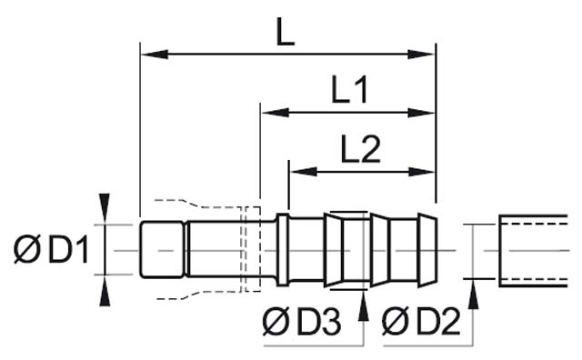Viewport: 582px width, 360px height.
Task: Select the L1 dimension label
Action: (x=349, y=91)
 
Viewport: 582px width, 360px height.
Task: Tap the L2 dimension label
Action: (x=361, y=149)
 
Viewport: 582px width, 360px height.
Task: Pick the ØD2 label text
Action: (x=420, y=321)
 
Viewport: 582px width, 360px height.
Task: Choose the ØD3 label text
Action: (x=301, y=321)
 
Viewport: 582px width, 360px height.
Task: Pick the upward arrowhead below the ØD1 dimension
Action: (x=105, y=289)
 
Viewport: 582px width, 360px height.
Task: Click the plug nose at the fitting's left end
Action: (x=162, y=249)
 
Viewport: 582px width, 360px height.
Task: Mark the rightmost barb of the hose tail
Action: (x=426, y=250)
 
